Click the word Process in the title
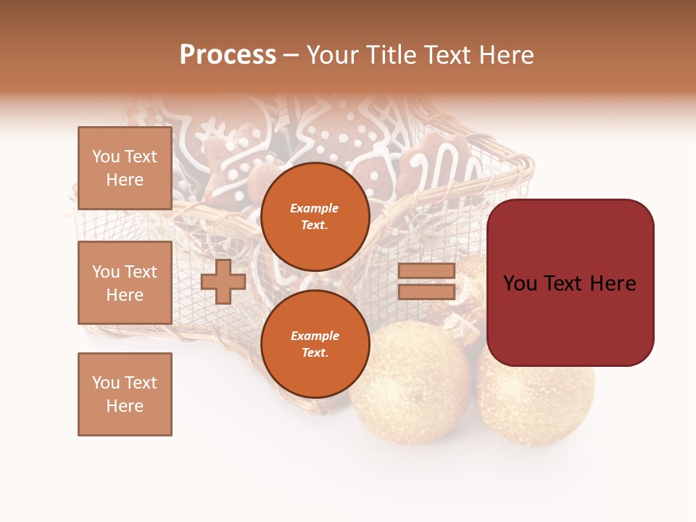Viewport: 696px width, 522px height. [228, 55]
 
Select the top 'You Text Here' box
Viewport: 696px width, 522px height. [125, 168]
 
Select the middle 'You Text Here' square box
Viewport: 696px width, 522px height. [125, 283]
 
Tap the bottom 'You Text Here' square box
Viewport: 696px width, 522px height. [125, 394]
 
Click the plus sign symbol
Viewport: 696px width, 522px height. [223, 282]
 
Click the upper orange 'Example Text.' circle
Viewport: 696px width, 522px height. [315, 216]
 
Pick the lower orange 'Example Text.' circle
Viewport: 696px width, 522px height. [315, 344]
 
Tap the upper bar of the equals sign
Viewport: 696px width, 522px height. [426, 271]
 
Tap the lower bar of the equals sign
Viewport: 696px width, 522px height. [426, 291]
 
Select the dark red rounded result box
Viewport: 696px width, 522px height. [570, 283]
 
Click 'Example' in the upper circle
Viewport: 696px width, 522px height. [315, 208]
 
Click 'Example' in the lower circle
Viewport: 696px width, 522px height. [315, 336]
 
